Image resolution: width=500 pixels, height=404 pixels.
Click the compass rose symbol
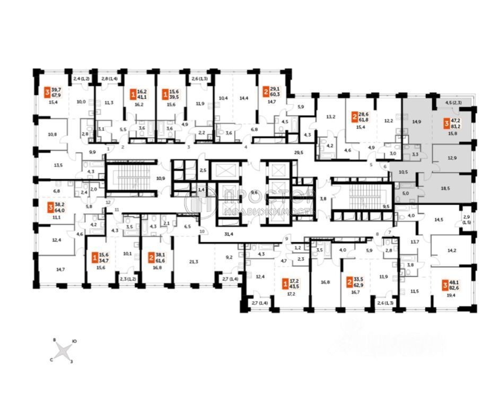point(63,350)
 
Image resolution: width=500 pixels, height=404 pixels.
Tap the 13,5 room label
point(59,164)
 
